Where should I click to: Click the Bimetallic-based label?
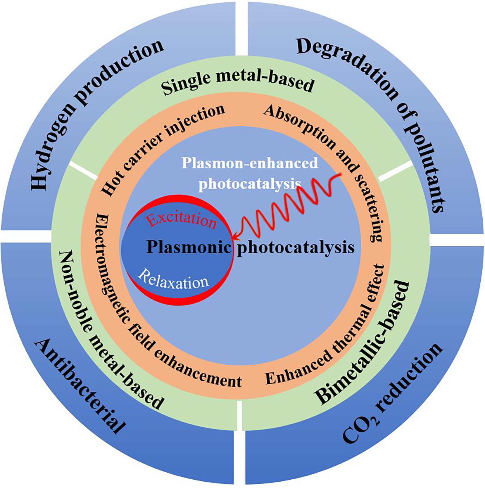(x=363, y=342)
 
